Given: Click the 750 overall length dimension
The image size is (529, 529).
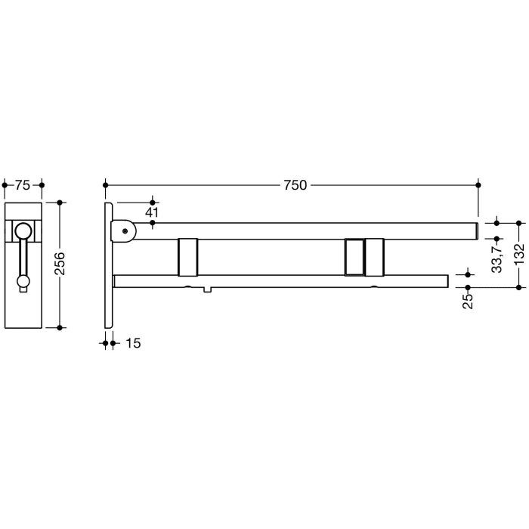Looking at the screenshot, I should click(295, 185).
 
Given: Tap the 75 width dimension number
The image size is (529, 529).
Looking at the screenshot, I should click(23, 185).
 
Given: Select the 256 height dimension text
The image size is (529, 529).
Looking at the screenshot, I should click(61, 264).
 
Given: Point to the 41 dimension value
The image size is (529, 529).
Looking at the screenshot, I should click(153, 213).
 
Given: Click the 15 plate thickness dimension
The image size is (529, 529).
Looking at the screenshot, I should click(132, 343).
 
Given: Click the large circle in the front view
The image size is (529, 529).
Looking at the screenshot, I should click(24, 230).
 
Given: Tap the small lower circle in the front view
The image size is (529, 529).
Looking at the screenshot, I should click(23, 283).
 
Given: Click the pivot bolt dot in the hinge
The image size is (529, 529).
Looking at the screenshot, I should click(125, 230).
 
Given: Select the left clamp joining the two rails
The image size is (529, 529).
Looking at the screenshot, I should click(187, 257).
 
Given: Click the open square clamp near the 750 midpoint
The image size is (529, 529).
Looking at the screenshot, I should click(353, 257).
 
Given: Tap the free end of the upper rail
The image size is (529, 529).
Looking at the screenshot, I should click(474, 230).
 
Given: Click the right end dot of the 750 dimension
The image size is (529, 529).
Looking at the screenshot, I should click(478, 184).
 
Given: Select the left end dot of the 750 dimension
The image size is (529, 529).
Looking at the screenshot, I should click(106, 184).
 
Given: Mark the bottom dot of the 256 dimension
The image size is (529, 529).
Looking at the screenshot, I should click(61, 327).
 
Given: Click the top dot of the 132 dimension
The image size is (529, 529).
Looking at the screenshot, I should click(518, 223).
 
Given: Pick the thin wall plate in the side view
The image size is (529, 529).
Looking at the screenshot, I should click(110, 264).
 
